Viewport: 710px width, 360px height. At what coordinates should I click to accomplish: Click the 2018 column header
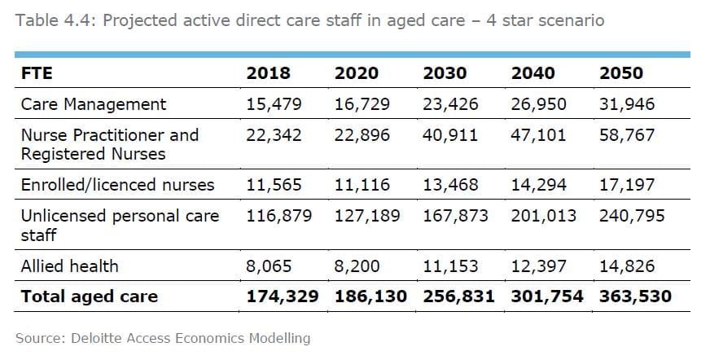coord(268,73)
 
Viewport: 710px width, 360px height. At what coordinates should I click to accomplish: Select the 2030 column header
coord(445,73)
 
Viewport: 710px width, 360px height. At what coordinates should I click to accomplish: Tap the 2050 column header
coord(621,73)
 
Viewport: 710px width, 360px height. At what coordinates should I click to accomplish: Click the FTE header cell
coord(37,73)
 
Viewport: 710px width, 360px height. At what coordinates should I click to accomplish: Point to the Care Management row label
coord(93,104)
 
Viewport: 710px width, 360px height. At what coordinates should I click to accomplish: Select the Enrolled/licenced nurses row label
coord(117,185)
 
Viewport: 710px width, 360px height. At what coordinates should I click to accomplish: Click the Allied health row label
coord(69,266)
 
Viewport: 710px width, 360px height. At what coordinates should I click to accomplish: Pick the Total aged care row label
coord(90,296)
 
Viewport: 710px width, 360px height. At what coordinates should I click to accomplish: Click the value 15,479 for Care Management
coord(274,104)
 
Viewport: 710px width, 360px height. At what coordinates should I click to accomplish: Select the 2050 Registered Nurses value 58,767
coord(627,134)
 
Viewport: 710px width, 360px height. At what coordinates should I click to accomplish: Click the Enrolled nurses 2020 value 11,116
coord(362,185)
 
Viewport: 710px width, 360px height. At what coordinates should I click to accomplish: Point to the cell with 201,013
coord(544,216)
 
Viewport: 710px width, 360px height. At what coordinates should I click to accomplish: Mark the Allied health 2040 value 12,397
coord(538,266)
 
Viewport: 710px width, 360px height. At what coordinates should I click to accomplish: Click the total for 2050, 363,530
coord(635,296)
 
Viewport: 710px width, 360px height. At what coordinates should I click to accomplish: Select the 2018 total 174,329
coord(282,296)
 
